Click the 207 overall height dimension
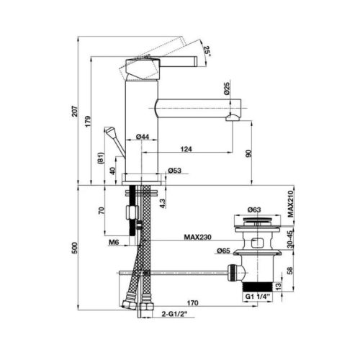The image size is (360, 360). (76, 111)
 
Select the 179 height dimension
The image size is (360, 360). (88, 121)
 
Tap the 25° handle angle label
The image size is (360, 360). (207, 51)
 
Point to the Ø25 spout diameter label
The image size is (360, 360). (227, 88)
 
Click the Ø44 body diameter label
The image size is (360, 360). (143, 137)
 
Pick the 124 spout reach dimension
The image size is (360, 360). (186, 149)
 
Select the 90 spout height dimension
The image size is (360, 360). (248, 153)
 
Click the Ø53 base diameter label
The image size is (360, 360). (175, 171)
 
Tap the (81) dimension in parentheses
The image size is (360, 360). (101, 158)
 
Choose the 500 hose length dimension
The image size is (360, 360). (76, 248)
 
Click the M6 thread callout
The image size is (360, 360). (114, 243)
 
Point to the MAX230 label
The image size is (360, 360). (197, 237)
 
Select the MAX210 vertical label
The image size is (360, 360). (291, 204)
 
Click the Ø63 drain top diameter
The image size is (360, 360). (254, 210)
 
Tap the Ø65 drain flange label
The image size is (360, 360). (224, 251)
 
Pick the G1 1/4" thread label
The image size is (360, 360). (258, 297)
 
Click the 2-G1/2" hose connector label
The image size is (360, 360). (174, 314)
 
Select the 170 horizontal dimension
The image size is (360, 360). (193, 303)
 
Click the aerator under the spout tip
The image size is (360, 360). (233, 118)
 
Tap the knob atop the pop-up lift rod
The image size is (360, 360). (110, 132)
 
